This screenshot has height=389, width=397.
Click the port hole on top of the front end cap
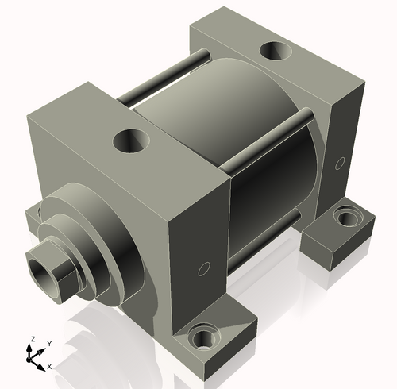(x=131, y=142)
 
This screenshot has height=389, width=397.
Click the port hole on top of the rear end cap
(x=276, y=52)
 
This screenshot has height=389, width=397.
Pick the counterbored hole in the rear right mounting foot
(x=347, y=215)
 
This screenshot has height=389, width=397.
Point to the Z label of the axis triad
(x=33, y=339)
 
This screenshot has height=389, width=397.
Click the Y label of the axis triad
(x=48, y=343)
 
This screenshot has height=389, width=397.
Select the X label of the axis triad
(x=49, y=366)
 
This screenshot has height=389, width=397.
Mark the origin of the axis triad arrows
(x=33, y=358)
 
